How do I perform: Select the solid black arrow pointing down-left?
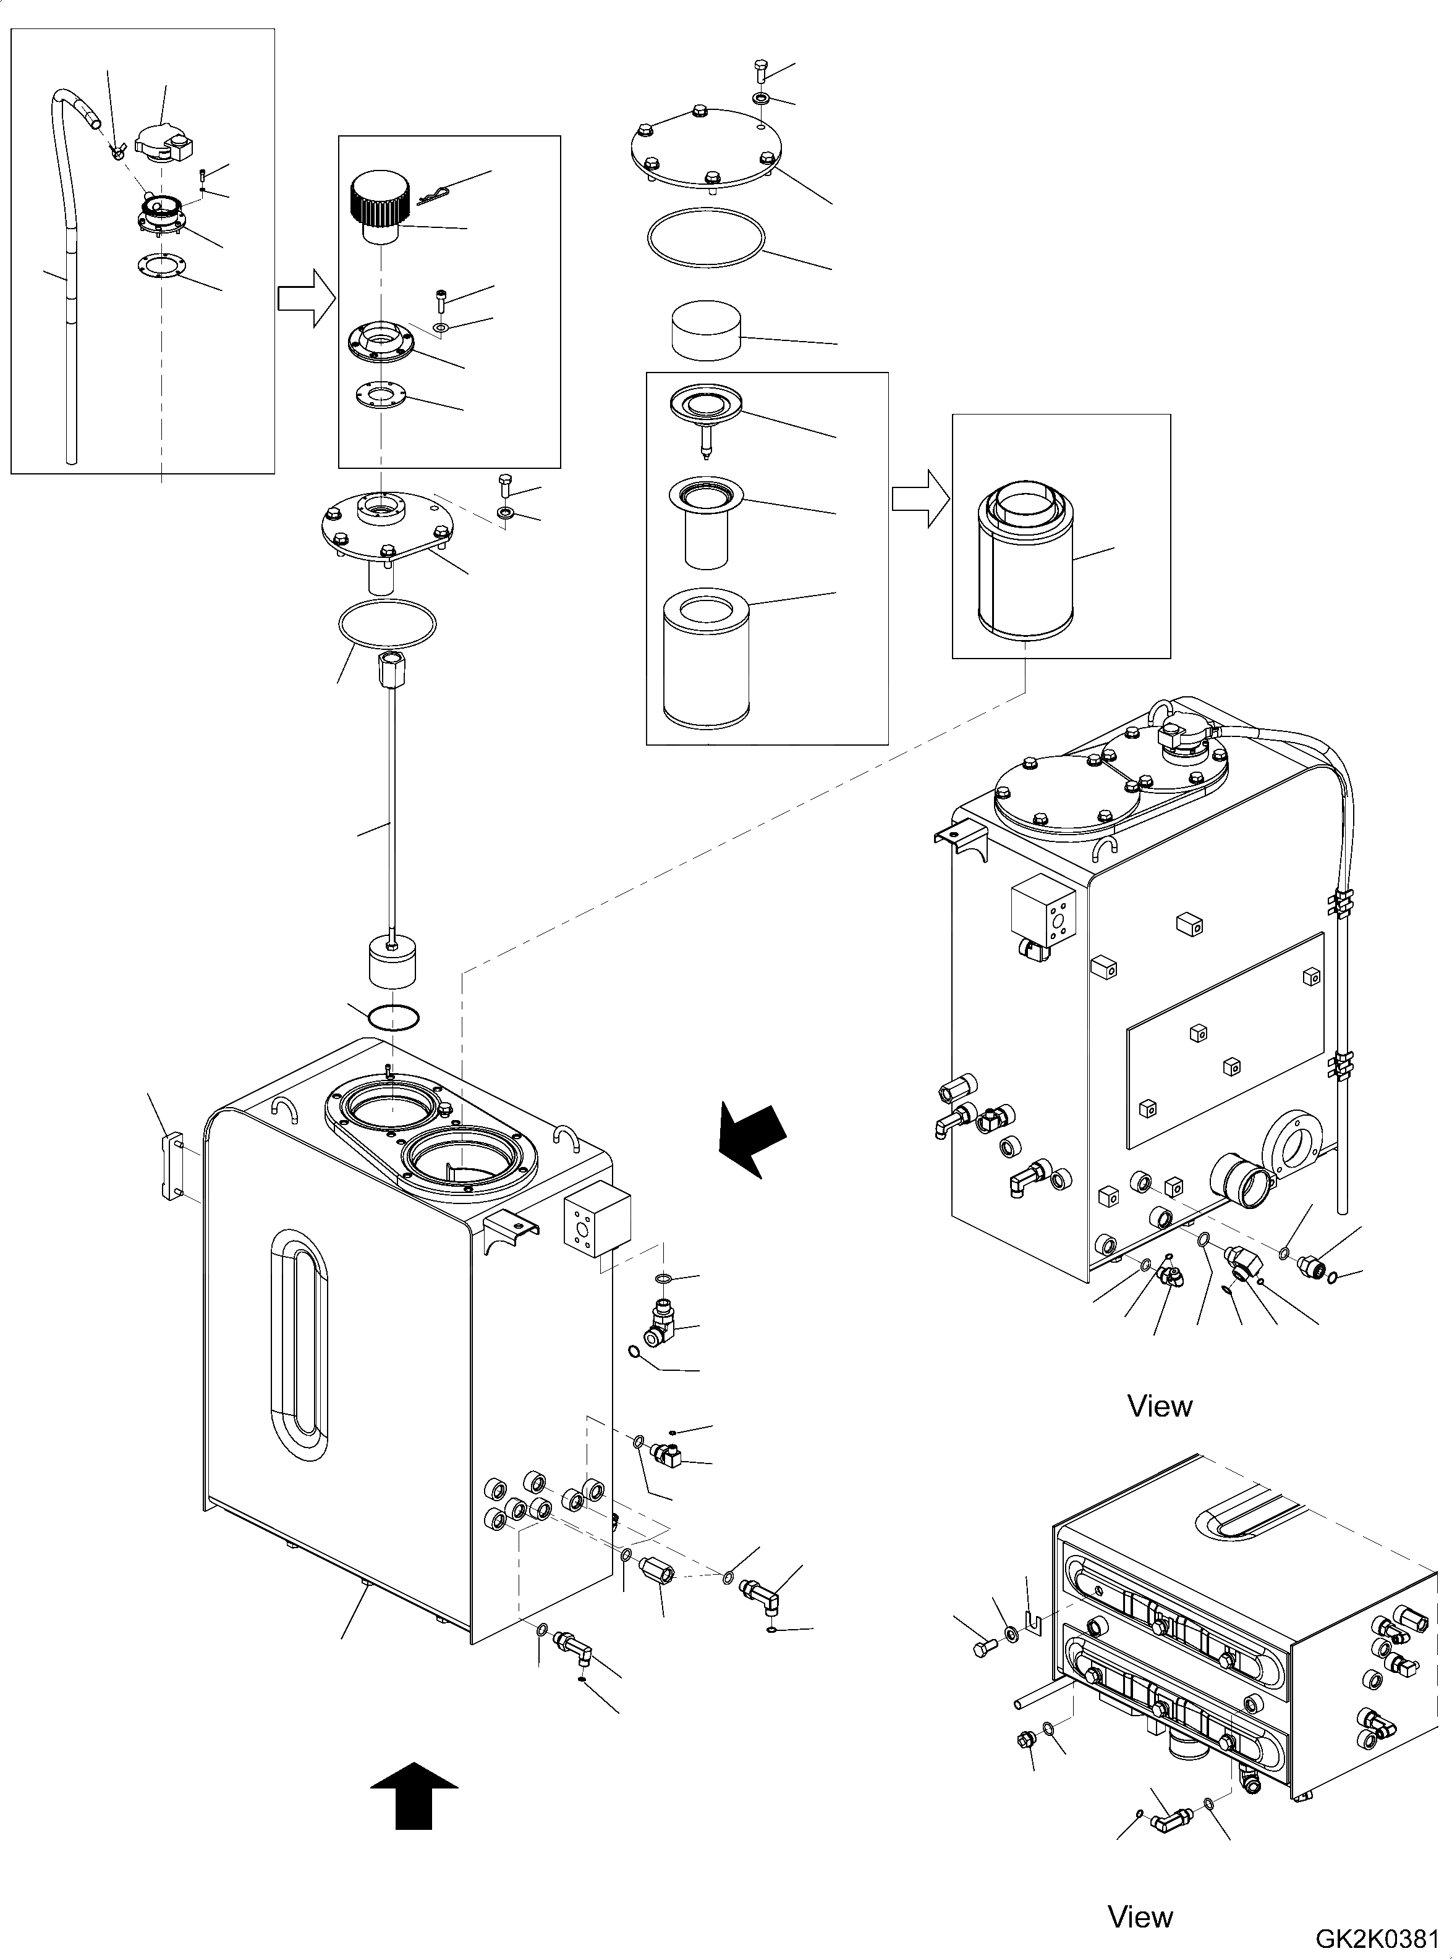tap(752, 1139)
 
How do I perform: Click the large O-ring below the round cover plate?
tap(705, 237)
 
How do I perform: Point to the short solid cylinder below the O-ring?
tap(707, 331)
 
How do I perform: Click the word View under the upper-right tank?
tap(1160, 1407)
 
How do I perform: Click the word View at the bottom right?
tap(1140, 1916)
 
